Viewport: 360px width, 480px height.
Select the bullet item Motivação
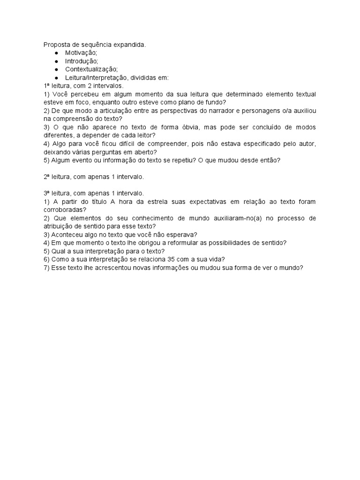(81, 53)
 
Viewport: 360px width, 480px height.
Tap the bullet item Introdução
(82, 61)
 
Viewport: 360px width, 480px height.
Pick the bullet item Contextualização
(91, 69)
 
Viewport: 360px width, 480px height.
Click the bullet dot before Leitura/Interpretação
(56, 78)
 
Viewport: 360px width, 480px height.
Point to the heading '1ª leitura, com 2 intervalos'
(83, 86)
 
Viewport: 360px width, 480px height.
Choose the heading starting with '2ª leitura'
(93, 177)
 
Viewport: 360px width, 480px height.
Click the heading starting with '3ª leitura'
(93, 193)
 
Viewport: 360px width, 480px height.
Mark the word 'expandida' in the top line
(130, 45)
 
